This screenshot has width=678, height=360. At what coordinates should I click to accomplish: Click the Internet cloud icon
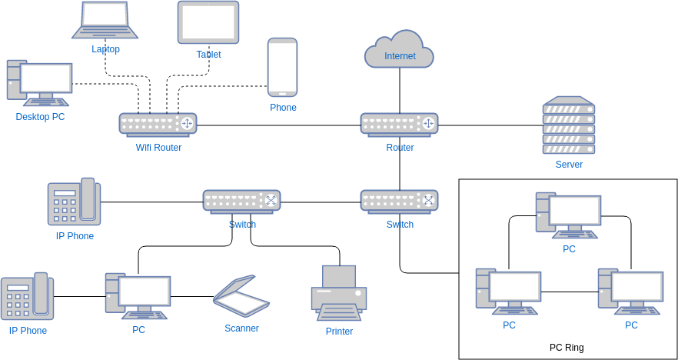pos(399,50)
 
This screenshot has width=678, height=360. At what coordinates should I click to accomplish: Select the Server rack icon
pos(568,125)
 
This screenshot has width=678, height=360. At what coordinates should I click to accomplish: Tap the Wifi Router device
pos(158,125)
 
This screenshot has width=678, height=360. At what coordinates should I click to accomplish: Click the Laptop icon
pos(105,20)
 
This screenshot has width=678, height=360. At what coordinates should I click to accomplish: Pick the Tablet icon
pos(208,22)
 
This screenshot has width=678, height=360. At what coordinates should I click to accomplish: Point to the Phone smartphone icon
pos(282,67)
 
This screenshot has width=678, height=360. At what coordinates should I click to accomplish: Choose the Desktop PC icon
pos(40,83)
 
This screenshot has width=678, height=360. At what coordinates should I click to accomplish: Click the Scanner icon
pos(241,296)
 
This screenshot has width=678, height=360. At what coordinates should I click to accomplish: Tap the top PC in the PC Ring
pos(568,215)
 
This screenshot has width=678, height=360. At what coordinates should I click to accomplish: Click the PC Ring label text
pos(567,348)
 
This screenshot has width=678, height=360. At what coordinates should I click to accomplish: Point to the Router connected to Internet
pos(399,125)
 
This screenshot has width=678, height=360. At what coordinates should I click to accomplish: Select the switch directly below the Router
pos(399,202)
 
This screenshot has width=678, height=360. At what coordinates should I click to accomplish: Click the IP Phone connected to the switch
pos(74,202)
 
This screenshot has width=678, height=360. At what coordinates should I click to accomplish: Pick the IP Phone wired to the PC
pos(28,296)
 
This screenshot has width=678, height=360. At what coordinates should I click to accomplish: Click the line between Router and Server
pos(490,125)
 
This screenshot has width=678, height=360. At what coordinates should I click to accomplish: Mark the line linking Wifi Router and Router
pos(278,125)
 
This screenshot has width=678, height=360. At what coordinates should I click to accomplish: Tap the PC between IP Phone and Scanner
pos(138,295)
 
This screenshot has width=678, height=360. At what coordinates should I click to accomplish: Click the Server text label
pos(569,165)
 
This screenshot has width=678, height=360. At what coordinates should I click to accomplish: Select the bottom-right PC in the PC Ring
pos(630,292)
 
